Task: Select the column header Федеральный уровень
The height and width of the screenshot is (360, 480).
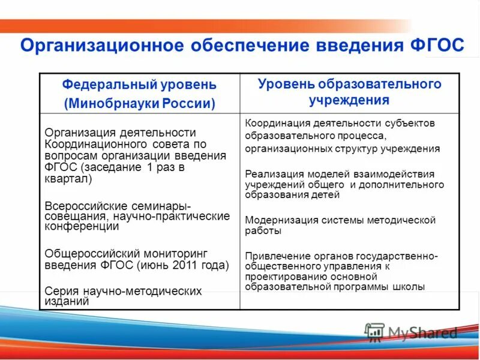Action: click(139, 85)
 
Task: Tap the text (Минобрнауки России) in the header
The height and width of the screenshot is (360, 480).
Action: click(139, 103)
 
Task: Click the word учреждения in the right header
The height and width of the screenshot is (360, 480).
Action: click(349, 100)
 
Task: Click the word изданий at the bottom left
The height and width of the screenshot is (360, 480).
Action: click(67, 302)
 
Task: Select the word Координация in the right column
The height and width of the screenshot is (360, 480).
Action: click(273, 123)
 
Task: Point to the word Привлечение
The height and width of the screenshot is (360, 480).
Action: click(274, 256)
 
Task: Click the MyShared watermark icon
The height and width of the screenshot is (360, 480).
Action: click(374, 332)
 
